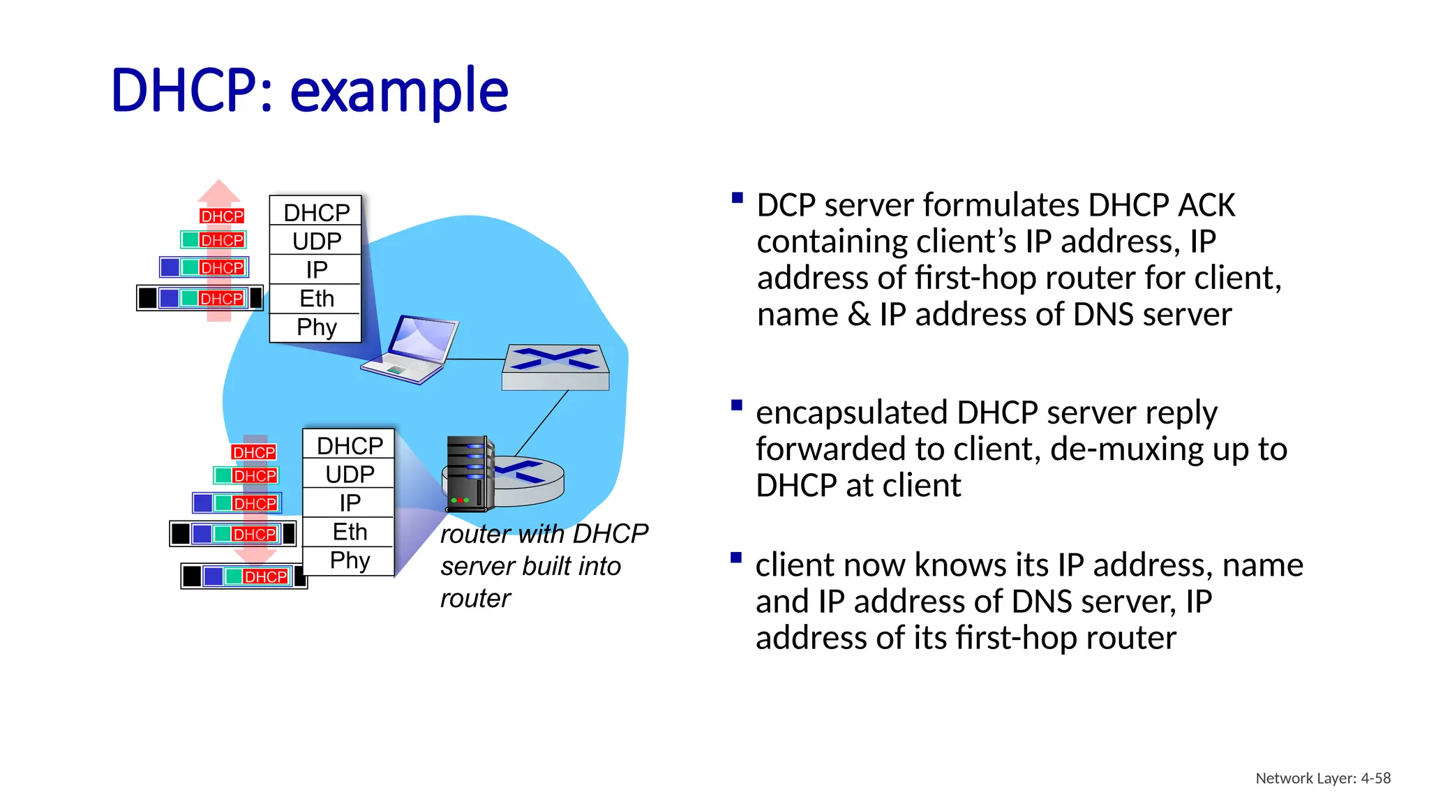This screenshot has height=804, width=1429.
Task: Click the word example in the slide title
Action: (x=398, y=91)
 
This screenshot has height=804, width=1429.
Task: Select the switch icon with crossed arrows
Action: (x=555, y=366)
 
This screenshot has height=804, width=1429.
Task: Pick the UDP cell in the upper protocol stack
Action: (x=316, y=241)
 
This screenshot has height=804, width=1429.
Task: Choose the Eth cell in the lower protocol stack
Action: (x=350, y=532)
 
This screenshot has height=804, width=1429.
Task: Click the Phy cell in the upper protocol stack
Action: (x=316, y=327)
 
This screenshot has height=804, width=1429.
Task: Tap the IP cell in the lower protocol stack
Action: (x=350, y=503)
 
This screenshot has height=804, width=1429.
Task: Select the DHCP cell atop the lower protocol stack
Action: (x=350, y=445)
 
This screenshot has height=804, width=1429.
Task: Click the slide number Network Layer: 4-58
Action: (x=1322, y=778)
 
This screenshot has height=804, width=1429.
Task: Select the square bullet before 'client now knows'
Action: (x=735, y=558)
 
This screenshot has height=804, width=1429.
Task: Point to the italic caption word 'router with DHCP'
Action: (x=544, y=534)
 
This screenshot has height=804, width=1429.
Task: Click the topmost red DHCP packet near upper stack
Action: (x=222, y=216)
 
